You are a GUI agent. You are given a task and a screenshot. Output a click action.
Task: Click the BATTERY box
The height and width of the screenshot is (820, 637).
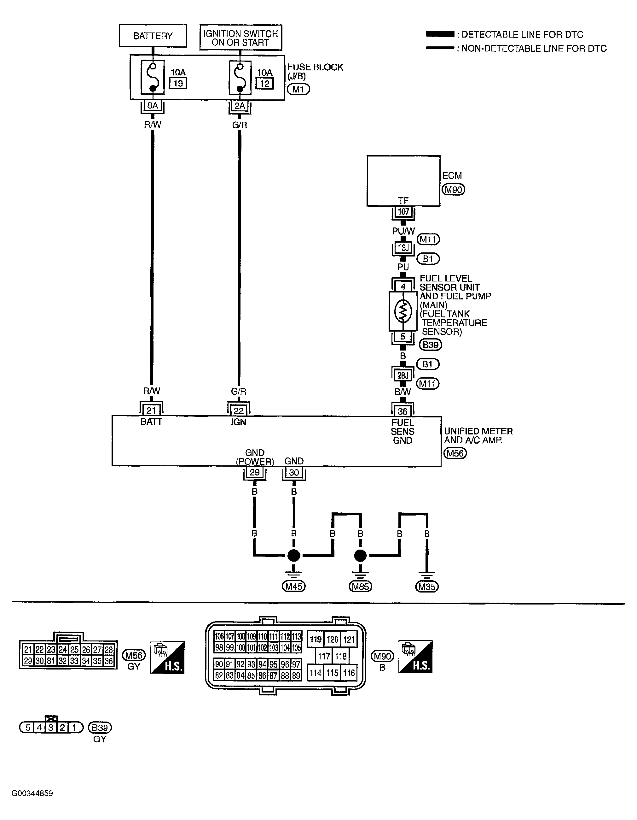pyautogui.click(x=153, y=36)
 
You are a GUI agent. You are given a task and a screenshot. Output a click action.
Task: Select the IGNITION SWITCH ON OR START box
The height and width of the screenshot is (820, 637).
pyautogui.click(x=240, y=38)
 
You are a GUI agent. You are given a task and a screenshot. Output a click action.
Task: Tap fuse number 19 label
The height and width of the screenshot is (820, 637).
pyautogui.click(x=178, y=83)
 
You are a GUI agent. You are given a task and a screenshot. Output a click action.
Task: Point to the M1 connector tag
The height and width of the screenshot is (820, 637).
pyautogui.click(x=298, y=89)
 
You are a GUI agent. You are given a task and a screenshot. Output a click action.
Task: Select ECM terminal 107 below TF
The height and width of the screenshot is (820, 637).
pyautogui.click(x=403, y=212)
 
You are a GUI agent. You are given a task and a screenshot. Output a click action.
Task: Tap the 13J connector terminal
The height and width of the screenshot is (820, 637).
pyautogui.click(x=403, y=248)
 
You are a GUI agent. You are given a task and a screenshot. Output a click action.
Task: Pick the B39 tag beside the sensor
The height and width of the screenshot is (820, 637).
pyautogui.click(x=430, y=345)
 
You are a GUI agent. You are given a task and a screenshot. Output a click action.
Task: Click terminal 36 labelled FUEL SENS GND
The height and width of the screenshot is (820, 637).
pyautogui.click(x=402, y=411)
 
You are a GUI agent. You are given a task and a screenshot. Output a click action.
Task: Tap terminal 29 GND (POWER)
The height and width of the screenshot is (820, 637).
pyautogui.click(x=255, y=472)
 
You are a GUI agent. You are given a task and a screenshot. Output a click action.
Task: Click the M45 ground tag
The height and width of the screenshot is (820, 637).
pyautogui.click(x=294, y=586)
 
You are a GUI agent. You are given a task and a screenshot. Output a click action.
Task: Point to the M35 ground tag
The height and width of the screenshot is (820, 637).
pyautogui.click(x=427, y=587)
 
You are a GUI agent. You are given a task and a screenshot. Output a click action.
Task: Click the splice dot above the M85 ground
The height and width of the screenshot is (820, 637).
pyautogui.click(x=360, y=555)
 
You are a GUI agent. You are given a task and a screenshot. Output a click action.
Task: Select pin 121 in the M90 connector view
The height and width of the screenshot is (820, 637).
pyautogui.click(x=349, y=640)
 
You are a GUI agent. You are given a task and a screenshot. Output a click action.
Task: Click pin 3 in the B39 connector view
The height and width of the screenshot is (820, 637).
pyautogui.click(x=51, y=728)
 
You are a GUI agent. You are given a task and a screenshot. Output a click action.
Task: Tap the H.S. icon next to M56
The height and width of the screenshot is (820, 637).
pyautogui.click(x=167, y=657)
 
